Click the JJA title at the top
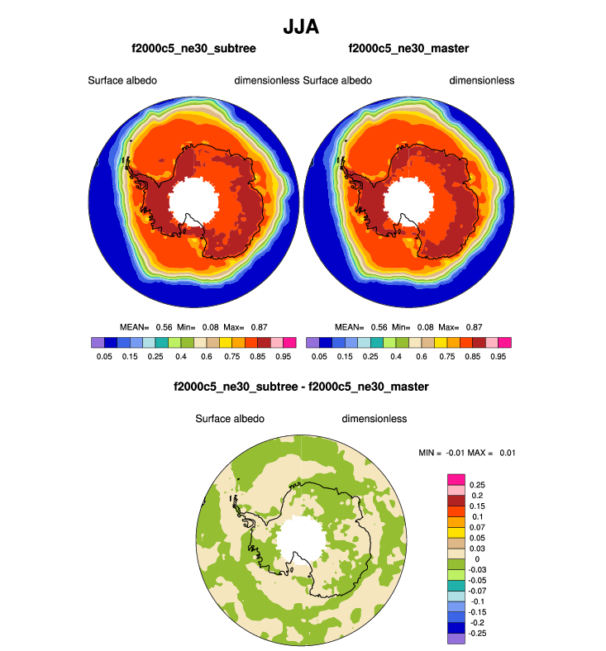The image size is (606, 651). [301, 26]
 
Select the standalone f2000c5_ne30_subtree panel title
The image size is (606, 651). [193, 49]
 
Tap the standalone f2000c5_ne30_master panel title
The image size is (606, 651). [408, 49]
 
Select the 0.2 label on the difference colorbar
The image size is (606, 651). [477, 496]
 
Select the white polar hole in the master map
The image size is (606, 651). [408, 201]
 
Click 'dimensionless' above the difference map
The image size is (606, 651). [375, 419]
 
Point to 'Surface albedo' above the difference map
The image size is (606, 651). [230, 419]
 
